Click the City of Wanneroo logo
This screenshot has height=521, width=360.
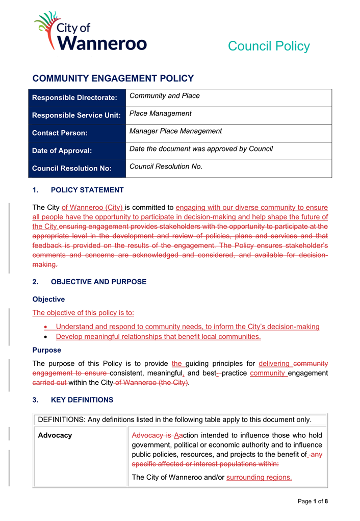pyautogui.click(x=90, y=32)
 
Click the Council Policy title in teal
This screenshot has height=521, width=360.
pyautogui.click(x=269, y=46)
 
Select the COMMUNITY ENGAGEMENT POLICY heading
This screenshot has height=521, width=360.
pyautogui.click(x=113, y=79)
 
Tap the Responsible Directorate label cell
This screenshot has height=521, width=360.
pyautogui.click(x=75, y=97)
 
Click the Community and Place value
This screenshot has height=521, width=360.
pyautogui.click(x=165, y=96)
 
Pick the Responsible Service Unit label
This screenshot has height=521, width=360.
pyautogui.click(x=76, y=115)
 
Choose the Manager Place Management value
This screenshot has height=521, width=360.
pyautogui.click(x=175, y=131)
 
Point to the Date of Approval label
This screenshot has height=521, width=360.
pyautogui.click(x=62, y=151)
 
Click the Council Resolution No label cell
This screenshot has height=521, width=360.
pyautogui.click(x=72, y=168)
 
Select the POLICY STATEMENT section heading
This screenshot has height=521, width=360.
pyautogui.click(x=87, y=190)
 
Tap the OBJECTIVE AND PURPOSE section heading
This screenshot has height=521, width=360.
pyautogui.click(x=98, y=282)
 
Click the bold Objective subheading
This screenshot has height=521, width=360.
pyautogui.click(x=48, y=300)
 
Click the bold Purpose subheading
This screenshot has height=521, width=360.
pyautogui.click(x=47, y=350)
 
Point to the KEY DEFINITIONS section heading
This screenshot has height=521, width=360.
pyautogui.click(x=82, y=400)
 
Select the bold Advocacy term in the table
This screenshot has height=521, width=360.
pyautogui.click(x=55, y=435)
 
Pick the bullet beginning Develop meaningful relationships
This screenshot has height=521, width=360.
pyautogui.click(x=158, y=337)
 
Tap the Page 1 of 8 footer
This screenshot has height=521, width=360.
pyautogui.click(x=313, y=502)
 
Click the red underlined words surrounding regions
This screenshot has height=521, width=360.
pyautogui.click(x=259, y=478)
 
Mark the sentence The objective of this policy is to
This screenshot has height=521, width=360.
pyautogui.click(x=83, y=313)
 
